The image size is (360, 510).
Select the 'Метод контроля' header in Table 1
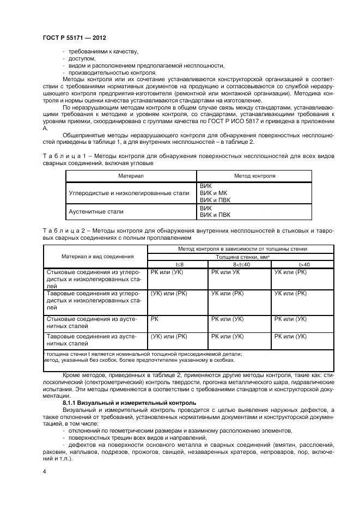254,176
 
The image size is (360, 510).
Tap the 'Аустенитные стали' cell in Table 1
96,211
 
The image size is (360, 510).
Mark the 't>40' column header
304,264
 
